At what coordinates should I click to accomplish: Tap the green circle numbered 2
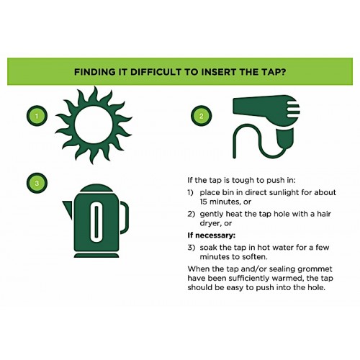click(200, 115)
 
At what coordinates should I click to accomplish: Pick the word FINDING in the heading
click(96, 72)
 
